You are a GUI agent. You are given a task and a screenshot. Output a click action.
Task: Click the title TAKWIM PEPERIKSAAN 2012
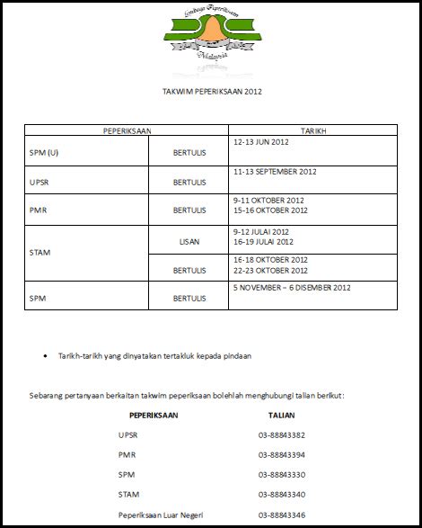tap(211, 92)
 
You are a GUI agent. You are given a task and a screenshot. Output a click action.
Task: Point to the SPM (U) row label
tap(45, 153)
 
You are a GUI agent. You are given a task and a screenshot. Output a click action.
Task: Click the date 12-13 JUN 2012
tap(260, 141)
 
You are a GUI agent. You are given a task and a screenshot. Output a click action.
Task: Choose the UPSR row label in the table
tap(41, 182)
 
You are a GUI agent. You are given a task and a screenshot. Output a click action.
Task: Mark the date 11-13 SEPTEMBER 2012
tap(275, 171)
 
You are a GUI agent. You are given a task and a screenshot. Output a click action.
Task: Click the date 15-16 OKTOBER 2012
tap(270, 210)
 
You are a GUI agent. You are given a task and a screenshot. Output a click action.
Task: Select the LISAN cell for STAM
tap(189, 241)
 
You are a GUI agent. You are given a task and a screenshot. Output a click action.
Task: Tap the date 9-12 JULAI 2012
tap(263, 231)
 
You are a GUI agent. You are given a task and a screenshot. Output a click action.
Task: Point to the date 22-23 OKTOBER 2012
tap(270, 270)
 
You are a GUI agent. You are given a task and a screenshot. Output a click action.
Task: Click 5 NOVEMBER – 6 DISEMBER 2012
tap(292, 288)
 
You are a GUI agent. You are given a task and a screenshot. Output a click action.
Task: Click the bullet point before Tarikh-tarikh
tap(46, 355)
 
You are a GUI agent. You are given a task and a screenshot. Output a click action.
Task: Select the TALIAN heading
tap(282, 416)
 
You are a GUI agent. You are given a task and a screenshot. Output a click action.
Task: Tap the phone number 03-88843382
tap(282, 435)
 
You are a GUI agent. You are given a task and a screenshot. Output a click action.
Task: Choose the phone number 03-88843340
tap(282, 495)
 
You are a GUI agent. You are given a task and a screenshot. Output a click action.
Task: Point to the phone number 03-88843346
tap(282, 515)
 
